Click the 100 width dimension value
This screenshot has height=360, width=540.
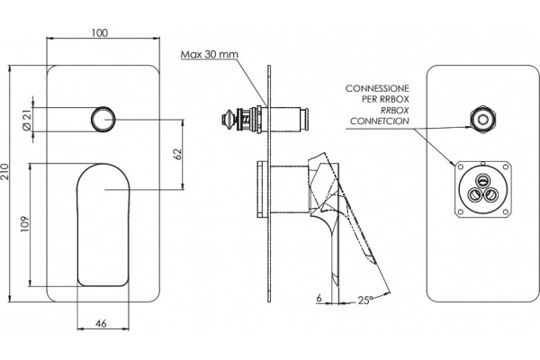(x=100, y=32)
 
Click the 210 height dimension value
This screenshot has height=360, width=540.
(x=4, y=172)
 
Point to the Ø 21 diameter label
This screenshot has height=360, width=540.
(x=27, y=120)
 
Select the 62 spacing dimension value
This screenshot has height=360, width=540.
(x=177, y=154)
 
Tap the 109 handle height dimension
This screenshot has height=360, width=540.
(x=24, y=224)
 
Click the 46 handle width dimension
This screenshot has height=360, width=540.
(x=101, y=323)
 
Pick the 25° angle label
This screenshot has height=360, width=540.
(x=365, y=301)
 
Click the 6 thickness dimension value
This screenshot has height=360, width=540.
(x=319, y=298)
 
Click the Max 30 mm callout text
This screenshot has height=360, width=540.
(x=210, y=54)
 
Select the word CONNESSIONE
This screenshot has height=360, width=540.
(x=377, y=88)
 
